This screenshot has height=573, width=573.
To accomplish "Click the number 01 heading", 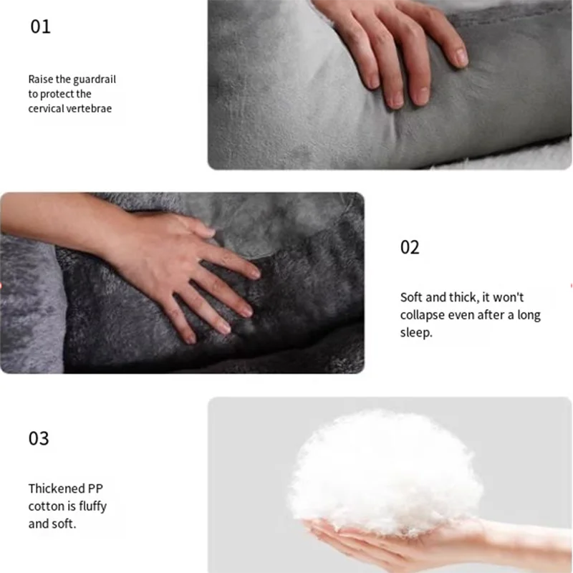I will (40, 27).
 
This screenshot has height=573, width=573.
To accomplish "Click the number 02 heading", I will (410, 248).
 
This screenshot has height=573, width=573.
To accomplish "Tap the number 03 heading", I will (39, 438).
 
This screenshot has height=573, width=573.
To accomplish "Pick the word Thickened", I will (57, 488).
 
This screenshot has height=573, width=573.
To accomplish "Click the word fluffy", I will (90, 506).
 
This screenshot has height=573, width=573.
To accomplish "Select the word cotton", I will (45, 506).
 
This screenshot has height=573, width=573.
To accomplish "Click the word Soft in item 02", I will (411, 297).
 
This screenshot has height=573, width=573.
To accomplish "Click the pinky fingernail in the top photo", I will (461, 57).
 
